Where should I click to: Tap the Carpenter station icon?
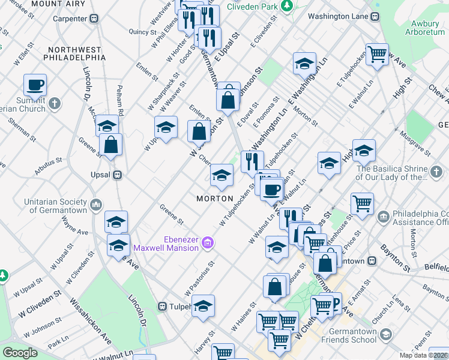pyautogui.click(x=94, y=19)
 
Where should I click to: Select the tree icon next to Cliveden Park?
pyautogui.click(x=288, y=6)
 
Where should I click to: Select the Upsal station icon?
pyautogui.click(x=118, y=175)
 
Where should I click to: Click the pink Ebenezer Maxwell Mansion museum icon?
pyautogui.click(x=208, y=243)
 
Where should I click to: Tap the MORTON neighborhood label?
pyautogui.click(x=214, y=198)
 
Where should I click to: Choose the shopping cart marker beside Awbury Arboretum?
pyautogui.click(x=377, y=54)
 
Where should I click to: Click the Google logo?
pyautogui.click(x=20, y=353)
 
